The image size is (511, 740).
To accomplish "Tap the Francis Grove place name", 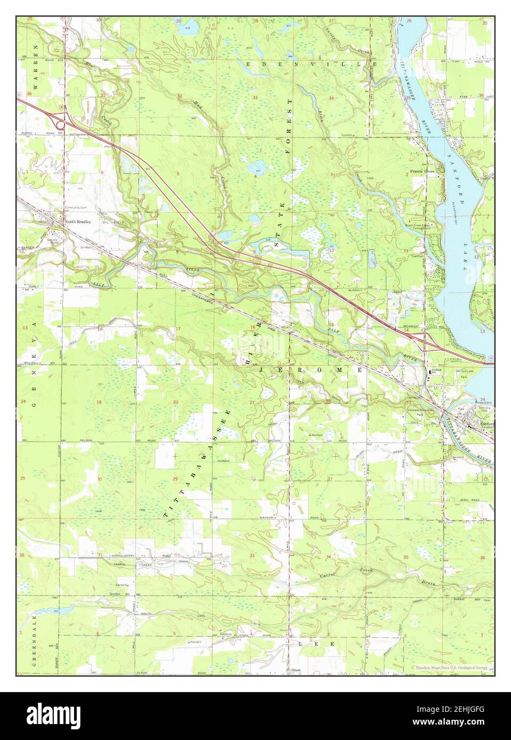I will (423, 172).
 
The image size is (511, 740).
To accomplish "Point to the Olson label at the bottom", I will (295, 670).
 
